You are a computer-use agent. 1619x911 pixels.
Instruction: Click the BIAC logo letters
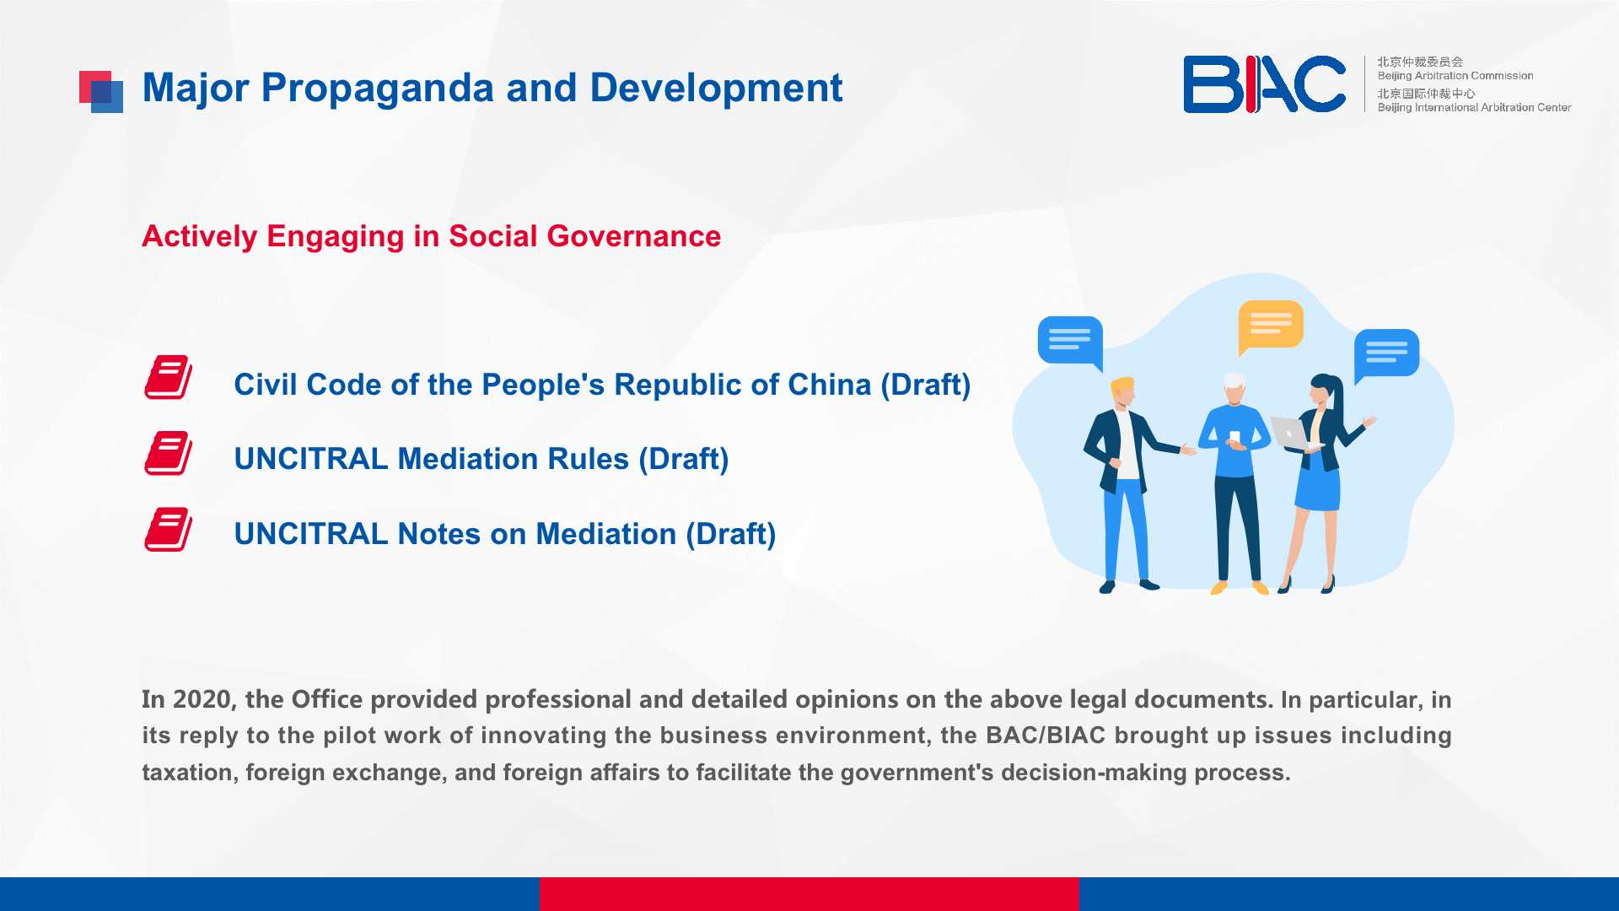(x=1264, y=84)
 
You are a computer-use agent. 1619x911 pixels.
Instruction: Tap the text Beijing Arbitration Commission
(x=1455, y=76)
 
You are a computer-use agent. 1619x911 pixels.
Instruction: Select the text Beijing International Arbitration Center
(x=1474, y=107)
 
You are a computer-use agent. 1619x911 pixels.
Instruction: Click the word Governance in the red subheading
(x=633, y=236)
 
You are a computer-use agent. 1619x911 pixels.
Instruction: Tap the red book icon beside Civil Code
(x=169, y=377)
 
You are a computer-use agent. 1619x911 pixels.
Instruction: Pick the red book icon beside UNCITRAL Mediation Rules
(x=169, y=453)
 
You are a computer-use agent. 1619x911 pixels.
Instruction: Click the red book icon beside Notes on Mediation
(x=169, y=529)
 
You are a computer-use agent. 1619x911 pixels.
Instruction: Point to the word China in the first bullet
(x=830, y=385)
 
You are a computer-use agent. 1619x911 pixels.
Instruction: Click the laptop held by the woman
(x=1291, y=434)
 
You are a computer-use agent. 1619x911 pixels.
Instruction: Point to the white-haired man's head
(x=1234, y=389)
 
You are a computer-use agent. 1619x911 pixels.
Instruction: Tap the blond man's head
(x=1123, y=392)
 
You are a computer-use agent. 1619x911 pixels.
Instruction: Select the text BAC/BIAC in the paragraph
(x=1046, y=736)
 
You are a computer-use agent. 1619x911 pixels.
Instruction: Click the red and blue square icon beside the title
(x=101, y=92)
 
